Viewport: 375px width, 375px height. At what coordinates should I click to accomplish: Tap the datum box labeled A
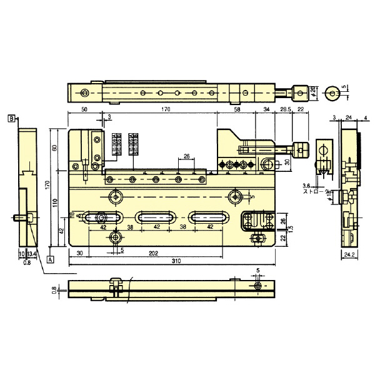pos(49,257)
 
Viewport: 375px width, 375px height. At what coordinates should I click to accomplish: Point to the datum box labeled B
pos(12,117)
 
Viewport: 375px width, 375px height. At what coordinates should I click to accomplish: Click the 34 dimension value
pos(266,109)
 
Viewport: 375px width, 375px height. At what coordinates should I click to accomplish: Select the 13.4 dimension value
pos(32,254)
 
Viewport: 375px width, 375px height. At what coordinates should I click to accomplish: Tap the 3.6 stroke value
pos(306,186)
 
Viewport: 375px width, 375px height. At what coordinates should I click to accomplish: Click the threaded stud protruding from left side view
pos(20,218)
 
